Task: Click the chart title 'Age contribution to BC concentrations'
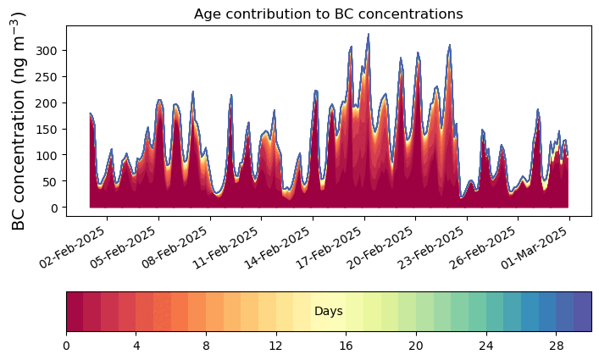pyautogui.click(x=328, y=14)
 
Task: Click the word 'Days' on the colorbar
pyautogui.click(x=328, y=312)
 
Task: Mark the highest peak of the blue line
pyautogui.click(x=369, y=35)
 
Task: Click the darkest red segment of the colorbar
pyautogui.click(x=75, y=312)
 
